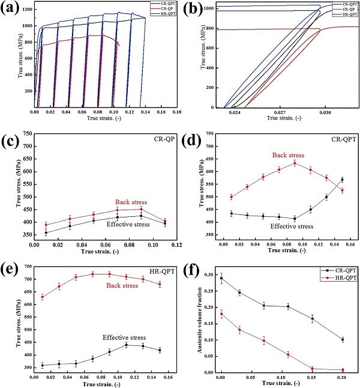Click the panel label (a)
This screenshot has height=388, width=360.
click(13, 9)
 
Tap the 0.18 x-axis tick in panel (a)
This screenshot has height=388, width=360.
click(177, 112)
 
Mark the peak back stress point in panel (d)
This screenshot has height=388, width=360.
click(295, 163)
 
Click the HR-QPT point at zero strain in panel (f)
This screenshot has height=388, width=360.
click(221, 314)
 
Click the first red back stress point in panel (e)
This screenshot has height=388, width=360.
click(42, 297)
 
